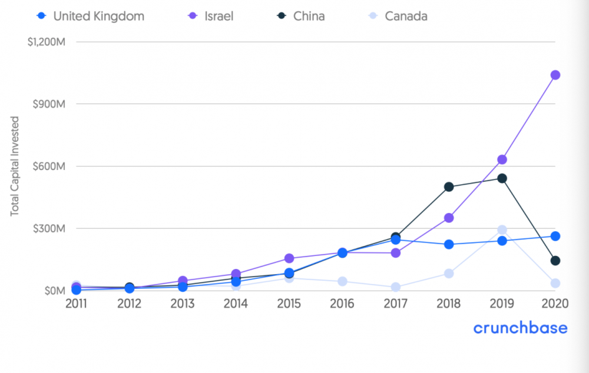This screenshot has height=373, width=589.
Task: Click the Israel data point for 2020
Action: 555,75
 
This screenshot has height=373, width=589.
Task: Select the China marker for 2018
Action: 449,187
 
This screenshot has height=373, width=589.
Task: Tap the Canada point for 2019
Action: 502,230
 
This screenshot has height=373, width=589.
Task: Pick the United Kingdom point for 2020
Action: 555,236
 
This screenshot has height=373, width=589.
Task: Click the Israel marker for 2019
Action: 502,159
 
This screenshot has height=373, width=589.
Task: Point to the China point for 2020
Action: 555,261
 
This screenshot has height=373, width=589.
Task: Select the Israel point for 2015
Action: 289,258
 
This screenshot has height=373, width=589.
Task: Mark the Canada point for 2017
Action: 396,287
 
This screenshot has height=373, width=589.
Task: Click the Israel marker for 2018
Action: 449,218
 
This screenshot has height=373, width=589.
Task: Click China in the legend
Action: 309,16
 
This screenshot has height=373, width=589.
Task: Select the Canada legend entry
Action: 406,16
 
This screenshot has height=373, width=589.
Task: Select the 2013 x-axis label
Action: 183,304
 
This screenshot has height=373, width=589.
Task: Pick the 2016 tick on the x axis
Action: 342,304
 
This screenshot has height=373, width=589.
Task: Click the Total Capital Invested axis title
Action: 15,166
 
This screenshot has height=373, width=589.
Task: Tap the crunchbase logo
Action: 521,328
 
